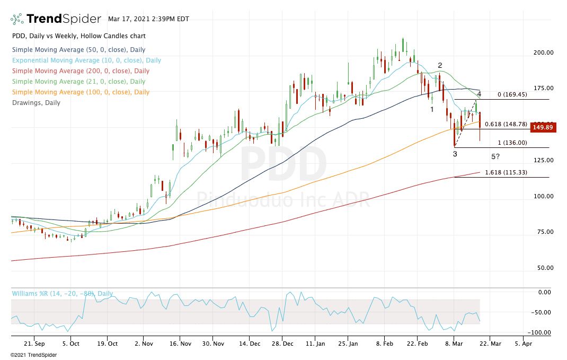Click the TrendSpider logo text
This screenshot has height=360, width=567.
tap(64, 19)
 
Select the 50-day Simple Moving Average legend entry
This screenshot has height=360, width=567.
tap(78, 50)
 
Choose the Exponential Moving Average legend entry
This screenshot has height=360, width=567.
tap(86, 60)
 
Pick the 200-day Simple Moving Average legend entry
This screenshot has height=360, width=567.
tap(81, 71)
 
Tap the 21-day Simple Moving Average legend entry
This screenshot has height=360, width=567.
tap(78, 82)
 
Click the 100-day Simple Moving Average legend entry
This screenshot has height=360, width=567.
tap(81, 92)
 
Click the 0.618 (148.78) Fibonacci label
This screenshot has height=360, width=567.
tap(506, 124)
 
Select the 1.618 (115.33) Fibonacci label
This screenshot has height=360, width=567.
tap(506, 172)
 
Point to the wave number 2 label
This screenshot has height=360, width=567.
tap(440, 66)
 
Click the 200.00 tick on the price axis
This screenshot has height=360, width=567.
tap(543, 52)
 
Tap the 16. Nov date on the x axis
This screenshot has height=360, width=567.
tap(179, 344)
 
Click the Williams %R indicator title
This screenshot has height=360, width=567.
tap(63, 293)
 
